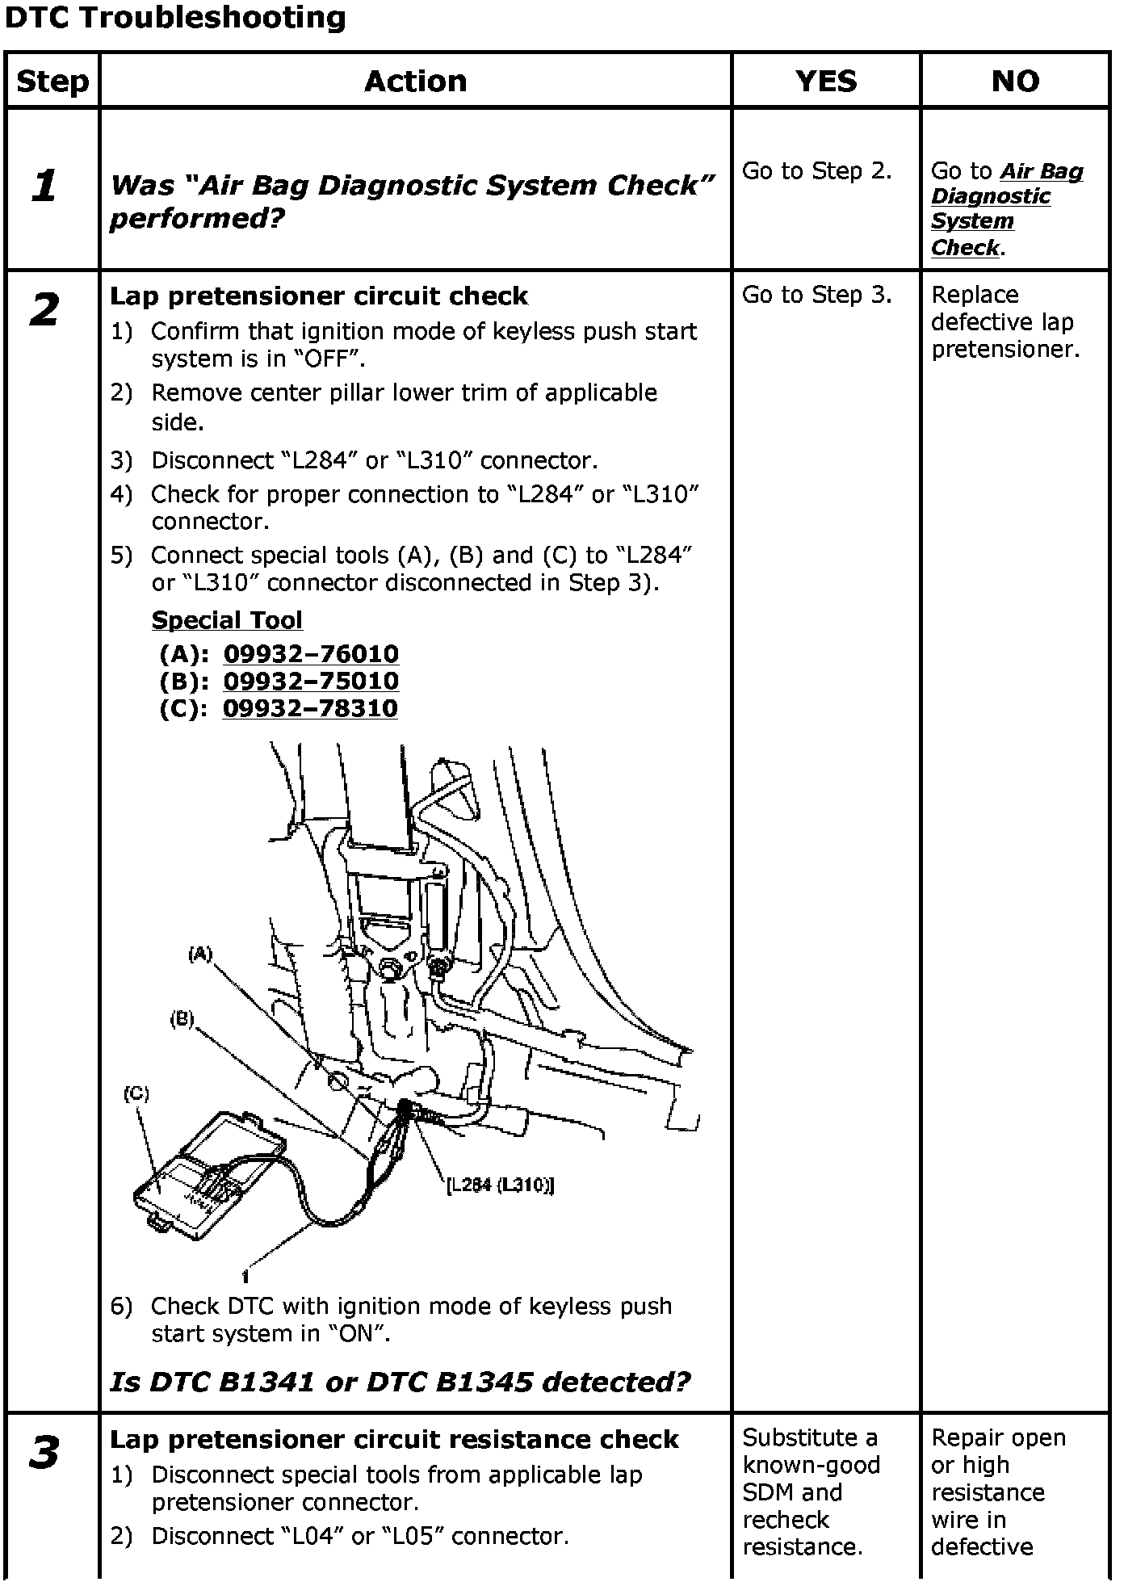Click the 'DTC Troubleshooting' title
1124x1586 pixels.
[x=175, y=18]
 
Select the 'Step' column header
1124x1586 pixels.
[x=52, y=82]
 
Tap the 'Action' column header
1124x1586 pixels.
[x=415, y=82]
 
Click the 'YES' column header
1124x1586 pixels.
[x=825, y=82]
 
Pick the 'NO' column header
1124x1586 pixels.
[x=1015, y=82]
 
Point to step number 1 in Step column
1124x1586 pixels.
[x=44, y=187]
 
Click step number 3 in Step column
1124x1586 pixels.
[x=44, y=1452]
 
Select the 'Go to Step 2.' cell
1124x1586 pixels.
[x=816, y=171]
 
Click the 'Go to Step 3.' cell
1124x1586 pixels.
[x=816, y=296]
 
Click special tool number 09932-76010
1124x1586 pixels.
[x=311, y=653]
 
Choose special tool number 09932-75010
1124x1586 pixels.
[x=311, y=681]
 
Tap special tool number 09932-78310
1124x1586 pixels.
[x=310, y=708]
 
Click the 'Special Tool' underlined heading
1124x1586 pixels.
[x=227, y=620]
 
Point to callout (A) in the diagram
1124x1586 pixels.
[x=200, y=955]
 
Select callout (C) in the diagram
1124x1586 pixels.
[x=136, y=1093]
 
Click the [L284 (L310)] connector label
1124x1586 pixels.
[x=501, y=1185]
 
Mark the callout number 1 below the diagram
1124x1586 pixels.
[x=245, y=1277]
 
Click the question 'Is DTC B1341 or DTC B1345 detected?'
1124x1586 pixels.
[x=401, y=1382]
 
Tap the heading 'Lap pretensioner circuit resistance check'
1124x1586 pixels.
[x=394, y=1439]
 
